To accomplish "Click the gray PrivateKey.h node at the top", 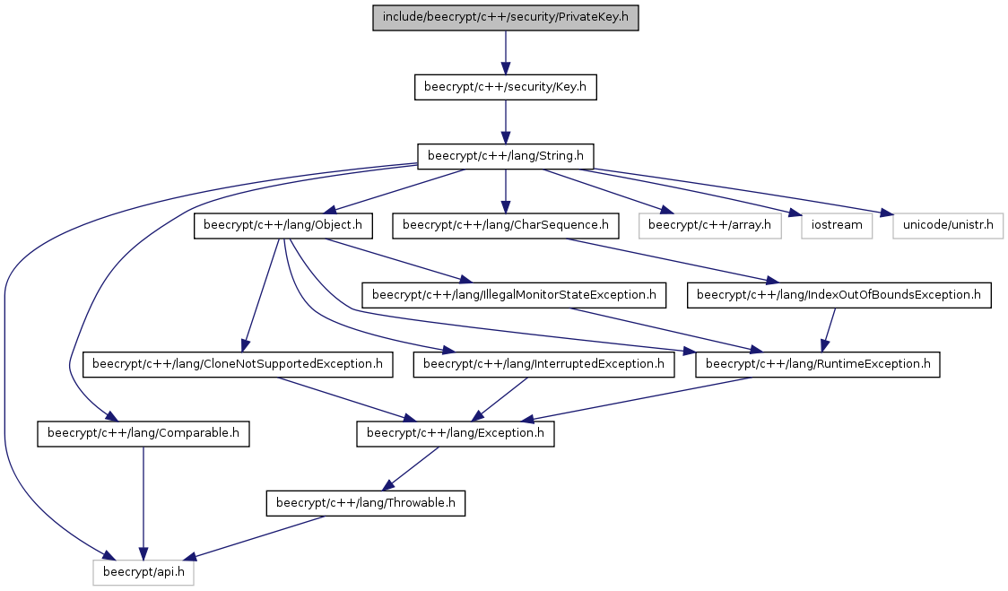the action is point(505,17).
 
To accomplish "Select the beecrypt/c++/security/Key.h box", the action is point(505,87).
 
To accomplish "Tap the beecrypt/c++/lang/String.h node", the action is point(505,156).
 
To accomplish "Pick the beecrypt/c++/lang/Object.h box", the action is point(282,226).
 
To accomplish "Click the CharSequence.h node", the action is point(505,226).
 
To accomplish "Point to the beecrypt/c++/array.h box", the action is point(709,226).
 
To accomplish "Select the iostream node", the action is point(837,226).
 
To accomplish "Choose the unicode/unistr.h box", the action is point(948,226).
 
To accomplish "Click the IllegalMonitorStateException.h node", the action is point(514,295).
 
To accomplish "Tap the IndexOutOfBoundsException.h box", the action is point(839,295).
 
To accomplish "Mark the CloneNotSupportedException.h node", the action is point(238,365).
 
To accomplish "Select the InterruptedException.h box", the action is point(543,365).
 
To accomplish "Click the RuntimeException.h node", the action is point(817,365).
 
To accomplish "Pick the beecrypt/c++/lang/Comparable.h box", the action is point(143,434).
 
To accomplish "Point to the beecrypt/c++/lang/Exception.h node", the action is point(456,434).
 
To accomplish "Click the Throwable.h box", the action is point(365,503).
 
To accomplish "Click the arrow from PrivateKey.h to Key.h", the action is point(505,52).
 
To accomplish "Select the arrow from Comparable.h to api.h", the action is point(143,503).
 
